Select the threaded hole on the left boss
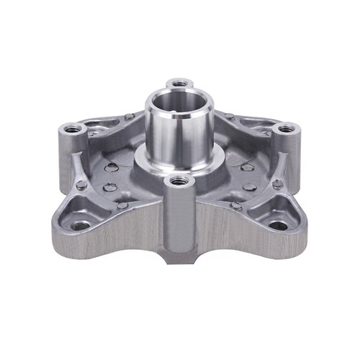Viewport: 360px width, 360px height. (x=73, y=130)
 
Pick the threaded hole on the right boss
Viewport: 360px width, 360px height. (x=286, y=129)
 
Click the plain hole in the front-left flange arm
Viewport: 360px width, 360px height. (x=81, y=225)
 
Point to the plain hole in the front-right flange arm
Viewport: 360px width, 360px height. (x=278, y=225)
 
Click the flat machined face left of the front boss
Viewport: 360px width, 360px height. (x=122, y=234)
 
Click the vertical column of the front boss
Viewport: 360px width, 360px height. (x=179, y=216)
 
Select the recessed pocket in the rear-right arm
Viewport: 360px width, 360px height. (x=248, y=128)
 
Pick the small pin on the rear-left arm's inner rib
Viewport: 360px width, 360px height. (x=129, y=117)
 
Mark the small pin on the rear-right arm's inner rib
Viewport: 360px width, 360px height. (x=230, y=117)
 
